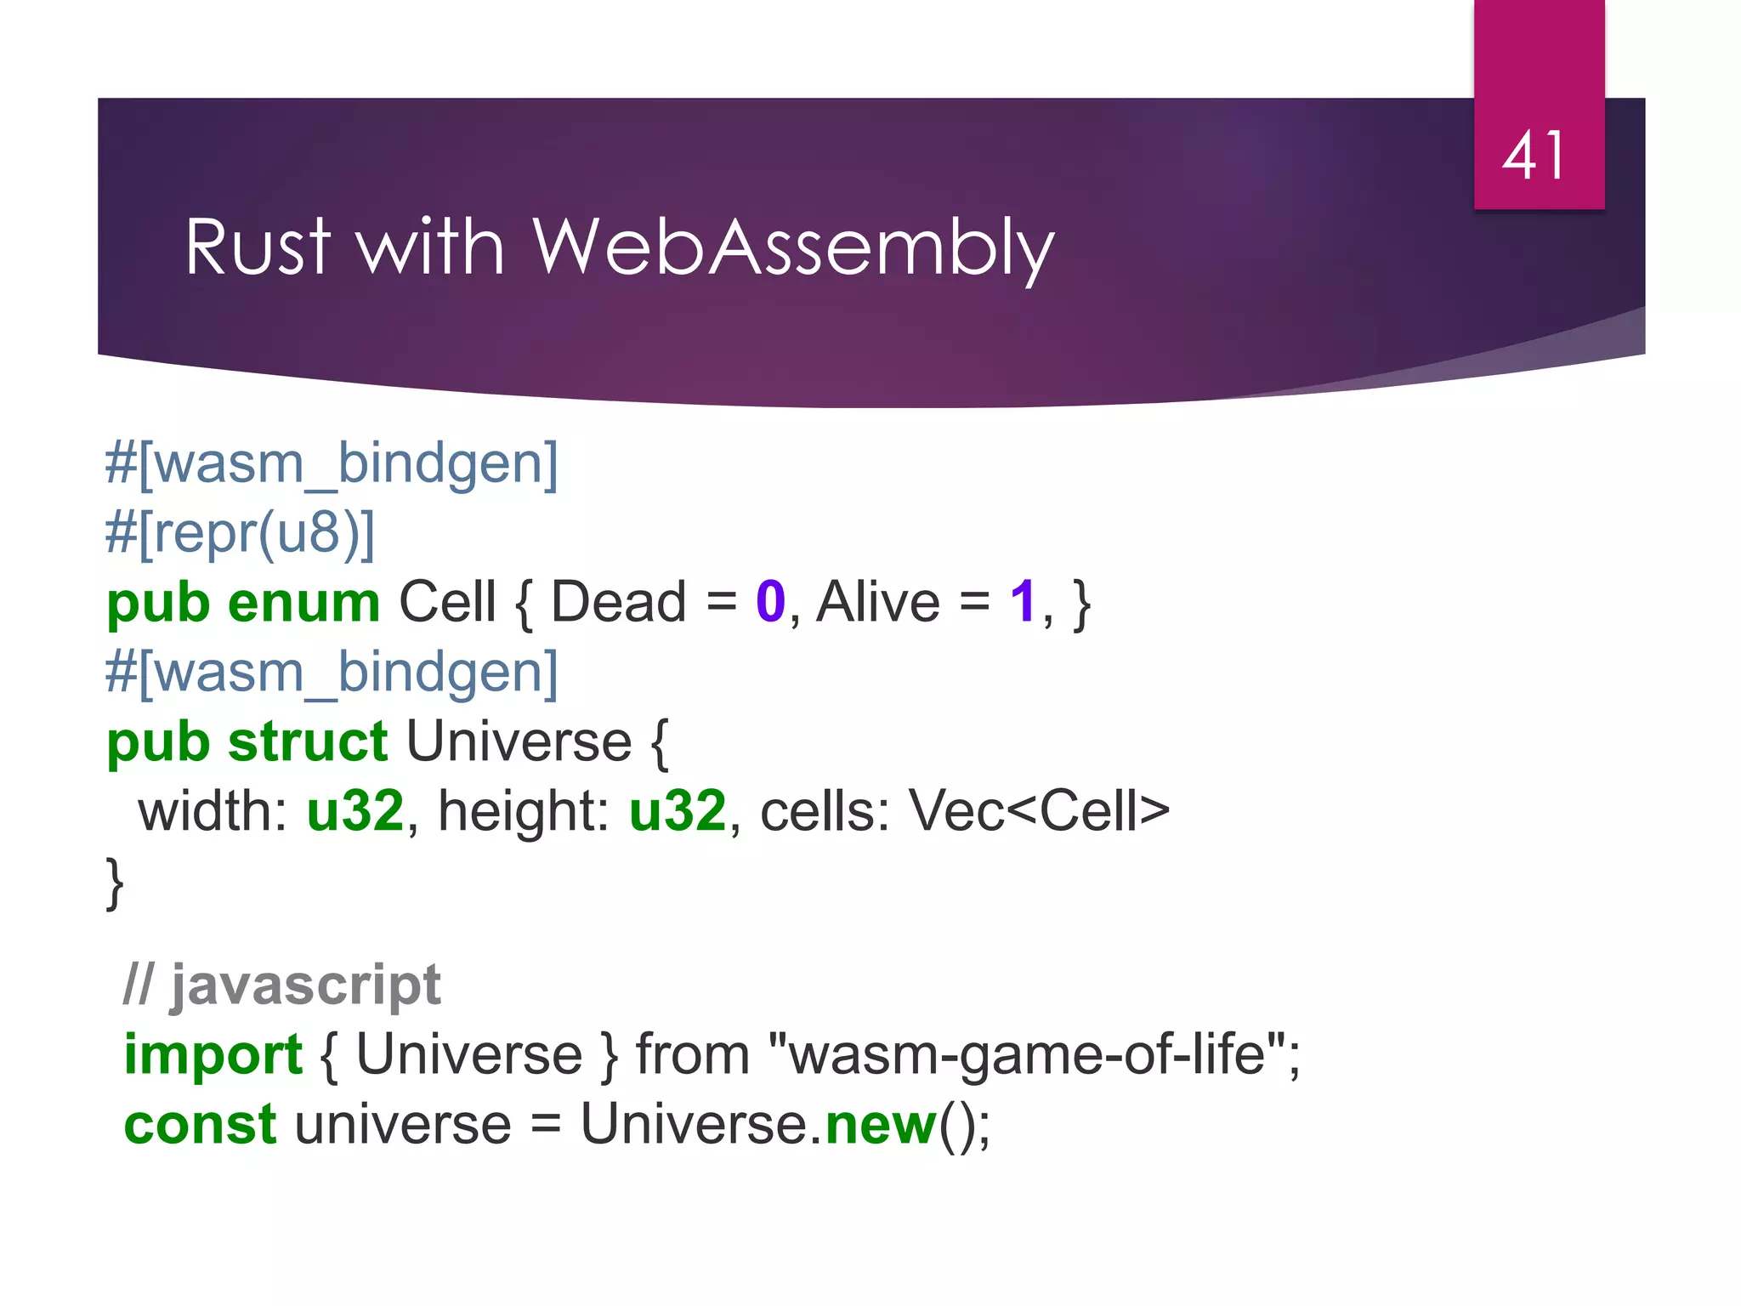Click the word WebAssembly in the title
click(792, 247)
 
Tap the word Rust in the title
click(258, 247)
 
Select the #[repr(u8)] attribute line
click(240, 534)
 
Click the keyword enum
click(303, 603)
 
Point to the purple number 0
click(770, 603)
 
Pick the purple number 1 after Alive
click(1023, 603)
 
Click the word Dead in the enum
click(618, 603)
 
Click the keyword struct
click(308, 741)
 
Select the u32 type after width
click(354, 811)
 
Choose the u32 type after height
click(678, 811)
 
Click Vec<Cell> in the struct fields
click(1039, 811)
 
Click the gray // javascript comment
click(282, 985)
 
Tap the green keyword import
click(213, 1055)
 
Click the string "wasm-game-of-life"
click(1028, 1055)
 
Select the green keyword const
click(200, 1125)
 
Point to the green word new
click(880, 1125)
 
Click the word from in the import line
click(693, 1055)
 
